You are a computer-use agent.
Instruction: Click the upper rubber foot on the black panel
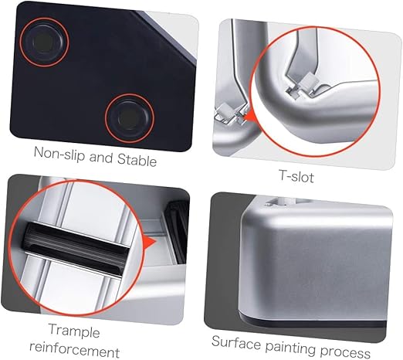(x=44, y=42)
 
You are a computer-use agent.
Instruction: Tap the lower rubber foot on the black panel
(x=130, y=118)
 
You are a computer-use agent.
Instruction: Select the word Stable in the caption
(x=137, y=159)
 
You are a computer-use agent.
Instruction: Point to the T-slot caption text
(x=296, y=176)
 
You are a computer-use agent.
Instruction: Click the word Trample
(x=74, y=331)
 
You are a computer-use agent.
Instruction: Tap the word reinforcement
(x=75, y=349)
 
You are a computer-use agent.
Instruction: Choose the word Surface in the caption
(x=236, y=343)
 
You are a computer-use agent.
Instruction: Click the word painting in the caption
(x=290, y=348)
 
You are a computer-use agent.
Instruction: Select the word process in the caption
(x=345, y=352)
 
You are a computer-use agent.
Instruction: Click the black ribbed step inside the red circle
(x=75, y=249)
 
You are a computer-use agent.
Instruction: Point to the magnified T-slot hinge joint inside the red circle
(x=303, y=84)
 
